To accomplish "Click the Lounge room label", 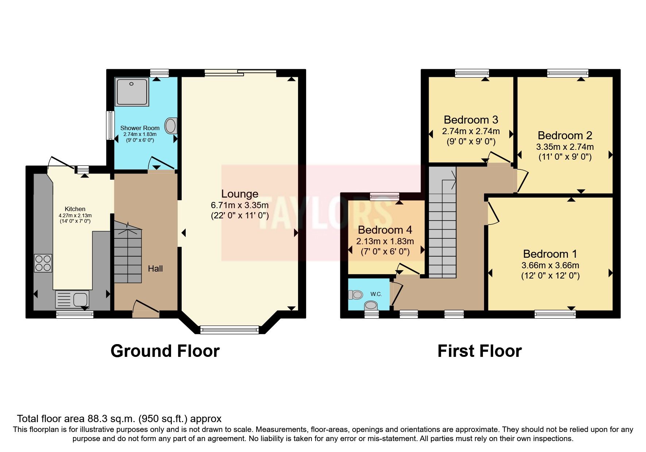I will [240, 194].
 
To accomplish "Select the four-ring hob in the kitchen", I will [43, 263].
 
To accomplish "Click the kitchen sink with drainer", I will [72, 300].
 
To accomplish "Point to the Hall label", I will [155, 269].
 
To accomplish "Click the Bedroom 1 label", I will [550, 254].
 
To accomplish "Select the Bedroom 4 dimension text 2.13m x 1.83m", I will [385, 241].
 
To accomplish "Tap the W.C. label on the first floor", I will [376, 294].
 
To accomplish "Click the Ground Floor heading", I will [165, 351].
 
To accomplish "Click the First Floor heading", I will [479, 351].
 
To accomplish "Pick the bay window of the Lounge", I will [229, 330].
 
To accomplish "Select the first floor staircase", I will [442, 226].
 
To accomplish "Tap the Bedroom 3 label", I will [471, 120].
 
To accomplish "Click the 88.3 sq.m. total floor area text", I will [119, 418].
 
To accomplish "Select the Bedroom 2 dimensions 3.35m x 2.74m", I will [565, 147].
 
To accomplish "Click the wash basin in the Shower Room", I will [171, 125].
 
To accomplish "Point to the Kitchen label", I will [75, 209].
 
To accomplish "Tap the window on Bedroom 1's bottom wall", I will [555, 313].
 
